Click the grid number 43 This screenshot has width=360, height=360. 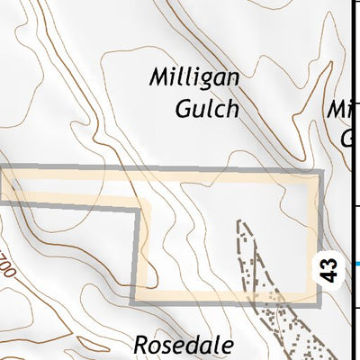(329, 268)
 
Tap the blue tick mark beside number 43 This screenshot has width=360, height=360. (356, 264)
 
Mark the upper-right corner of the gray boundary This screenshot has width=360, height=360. (319, 171)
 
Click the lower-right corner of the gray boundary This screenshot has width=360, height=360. (319, 301)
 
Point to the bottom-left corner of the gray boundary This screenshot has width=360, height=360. (136, 300)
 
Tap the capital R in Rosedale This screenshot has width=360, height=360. (141, 345)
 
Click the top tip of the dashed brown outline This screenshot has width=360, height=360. (239, 220)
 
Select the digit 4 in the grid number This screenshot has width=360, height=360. (329, 274)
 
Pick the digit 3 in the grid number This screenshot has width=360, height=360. (329, 262)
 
